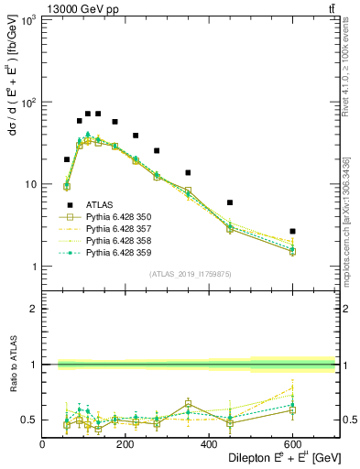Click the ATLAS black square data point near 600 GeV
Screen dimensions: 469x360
point(292,231)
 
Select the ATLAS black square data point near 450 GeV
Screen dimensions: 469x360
point(230,202)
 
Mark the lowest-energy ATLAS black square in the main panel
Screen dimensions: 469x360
point(67,159)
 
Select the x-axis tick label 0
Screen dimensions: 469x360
point(42,444)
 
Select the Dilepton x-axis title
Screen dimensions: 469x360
point(276,458)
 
